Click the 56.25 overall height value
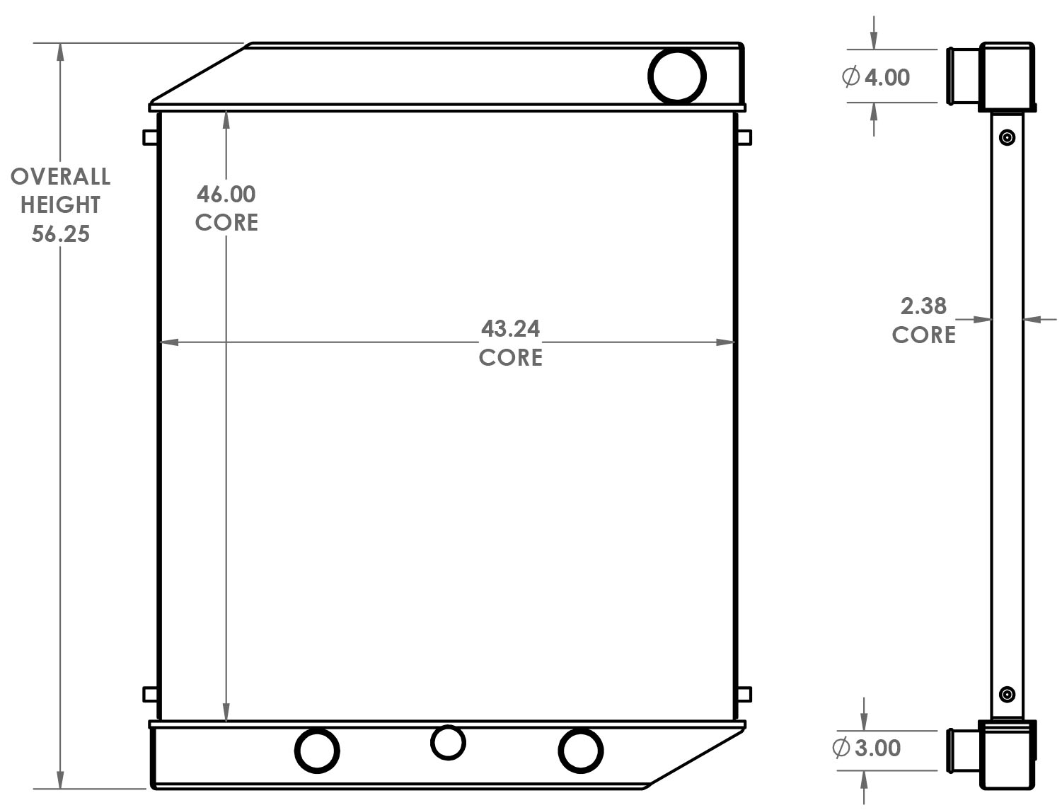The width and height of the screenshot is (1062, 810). tap(61, 233)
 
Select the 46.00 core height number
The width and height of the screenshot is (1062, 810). tap(226, 194)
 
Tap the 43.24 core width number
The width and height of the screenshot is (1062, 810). tap(510, 329)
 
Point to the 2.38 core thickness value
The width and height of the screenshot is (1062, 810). tap(923, 306)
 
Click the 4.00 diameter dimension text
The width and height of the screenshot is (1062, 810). tap(887, 77)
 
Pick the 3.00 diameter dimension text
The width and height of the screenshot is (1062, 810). tap(877, 748)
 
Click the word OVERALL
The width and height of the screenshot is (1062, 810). tap(61, 176)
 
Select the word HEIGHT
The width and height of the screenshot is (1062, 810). tap(61, 205)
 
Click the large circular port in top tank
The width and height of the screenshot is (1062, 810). tap(677, 76)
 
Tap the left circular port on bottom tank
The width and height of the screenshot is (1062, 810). tap(317, 750)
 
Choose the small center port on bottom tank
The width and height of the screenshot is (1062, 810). tap(448, 743)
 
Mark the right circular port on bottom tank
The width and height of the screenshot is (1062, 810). tap(580, 750)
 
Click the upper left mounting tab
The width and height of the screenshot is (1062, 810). tap(150, 137)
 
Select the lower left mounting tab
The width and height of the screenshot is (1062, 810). tap(150, 694)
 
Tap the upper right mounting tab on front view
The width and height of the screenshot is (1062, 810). tap(744, 137)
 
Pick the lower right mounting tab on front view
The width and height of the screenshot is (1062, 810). tap(744, 694)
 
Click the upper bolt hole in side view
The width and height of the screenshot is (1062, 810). tap(1008, 137)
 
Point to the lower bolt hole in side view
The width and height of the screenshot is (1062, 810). tap(1008, 694)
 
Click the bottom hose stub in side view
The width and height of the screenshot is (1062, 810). tap(962, 750)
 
